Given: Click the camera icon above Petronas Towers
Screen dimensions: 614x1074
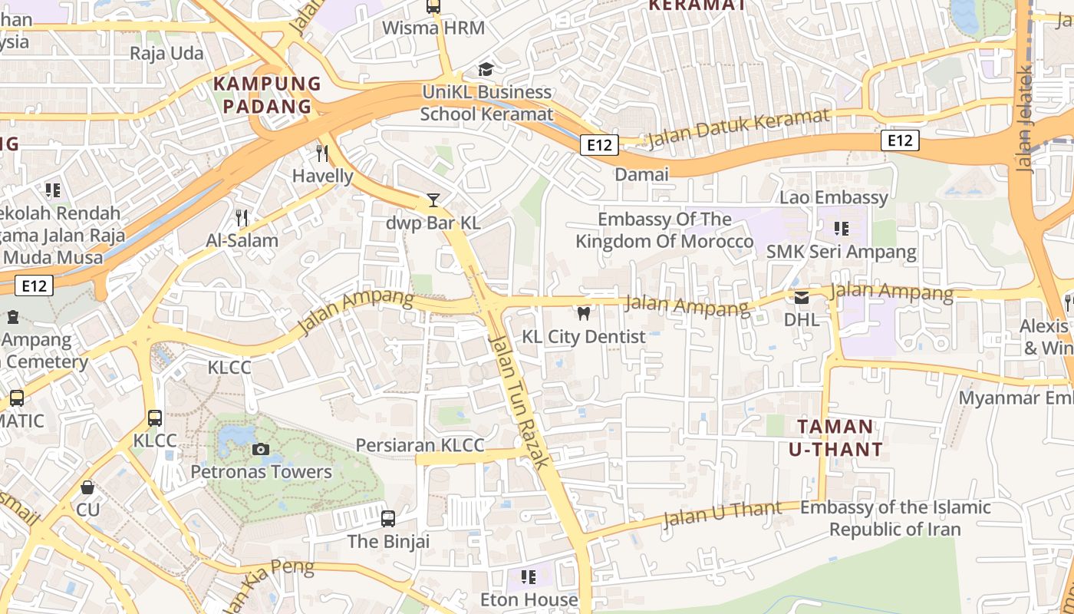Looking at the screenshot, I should tap(261, 449).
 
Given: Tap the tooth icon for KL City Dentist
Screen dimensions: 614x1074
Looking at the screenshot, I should tap(583, 313).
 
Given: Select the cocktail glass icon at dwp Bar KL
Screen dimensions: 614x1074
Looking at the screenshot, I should tap(433, 200).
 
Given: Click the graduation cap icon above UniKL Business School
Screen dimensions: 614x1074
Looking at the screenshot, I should tap(486, 70).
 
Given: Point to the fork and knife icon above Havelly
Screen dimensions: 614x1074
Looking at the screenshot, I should tap(322, 153).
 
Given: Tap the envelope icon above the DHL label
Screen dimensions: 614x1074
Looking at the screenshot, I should tap(802, 297).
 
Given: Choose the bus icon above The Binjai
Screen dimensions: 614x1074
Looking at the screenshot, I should tap(388, 518).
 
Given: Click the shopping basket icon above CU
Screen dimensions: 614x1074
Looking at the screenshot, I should tap(87, 487).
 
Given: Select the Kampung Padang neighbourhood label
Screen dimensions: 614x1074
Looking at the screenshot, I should tap(267, 94).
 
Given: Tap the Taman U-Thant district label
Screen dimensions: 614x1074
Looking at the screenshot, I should tap(835, 437).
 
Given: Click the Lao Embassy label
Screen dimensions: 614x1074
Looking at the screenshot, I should tap(833, 197).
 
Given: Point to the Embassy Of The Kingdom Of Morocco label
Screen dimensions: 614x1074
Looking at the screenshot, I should tap(664, 230).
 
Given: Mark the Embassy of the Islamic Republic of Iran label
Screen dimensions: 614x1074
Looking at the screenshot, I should tap(895, 518).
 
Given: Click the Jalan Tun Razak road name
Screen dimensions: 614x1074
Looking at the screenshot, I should tap(519, 401).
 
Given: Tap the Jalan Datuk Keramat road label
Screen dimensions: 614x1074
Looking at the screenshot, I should tap(739, 129).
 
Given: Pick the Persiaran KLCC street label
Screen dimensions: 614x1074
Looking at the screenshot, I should tap(420, 446).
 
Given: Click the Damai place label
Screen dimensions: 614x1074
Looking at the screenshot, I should tap(641, 174).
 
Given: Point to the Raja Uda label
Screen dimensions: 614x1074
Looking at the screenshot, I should tap(166, 53).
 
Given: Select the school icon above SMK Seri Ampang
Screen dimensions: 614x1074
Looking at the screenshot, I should tap(842, 229).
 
